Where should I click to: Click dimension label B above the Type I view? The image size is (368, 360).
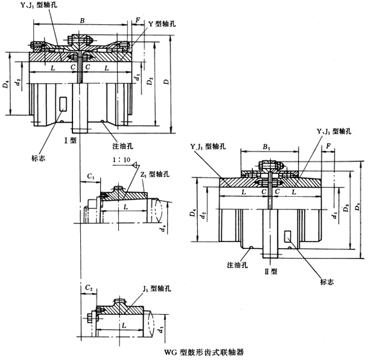pos(82,20)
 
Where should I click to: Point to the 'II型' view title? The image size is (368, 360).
pos(273,271)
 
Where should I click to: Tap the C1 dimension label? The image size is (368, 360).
pos(90,175)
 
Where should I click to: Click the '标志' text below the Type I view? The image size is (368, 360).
pos(39,159)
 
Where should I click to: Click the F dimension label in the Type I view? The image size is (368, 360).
pos(138,20)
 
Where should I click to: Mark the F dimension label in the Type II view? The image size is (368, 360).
pos(328,146)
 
